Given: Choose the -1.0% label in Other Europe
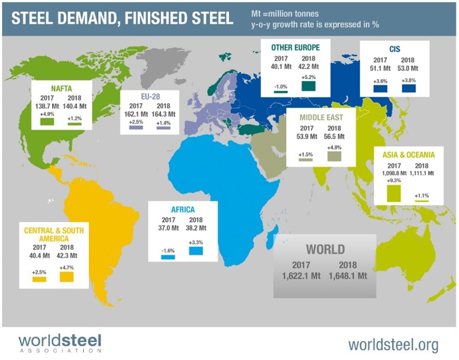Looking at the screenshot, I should pos(280,86).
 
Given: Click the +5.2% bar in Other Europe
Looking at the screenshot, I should pos(309,85).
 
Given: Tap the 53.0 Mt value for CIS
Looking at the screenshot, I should pos(407,66).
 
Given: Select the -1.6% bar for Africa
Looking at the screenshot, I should pos(168,257).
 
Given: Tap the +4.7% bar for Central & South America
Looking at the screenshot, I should pos(66,276).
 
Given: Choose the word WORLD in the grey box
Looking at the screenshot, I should pos(325,249).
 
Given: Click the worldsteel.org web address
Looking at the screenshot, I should pos(393,345).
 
